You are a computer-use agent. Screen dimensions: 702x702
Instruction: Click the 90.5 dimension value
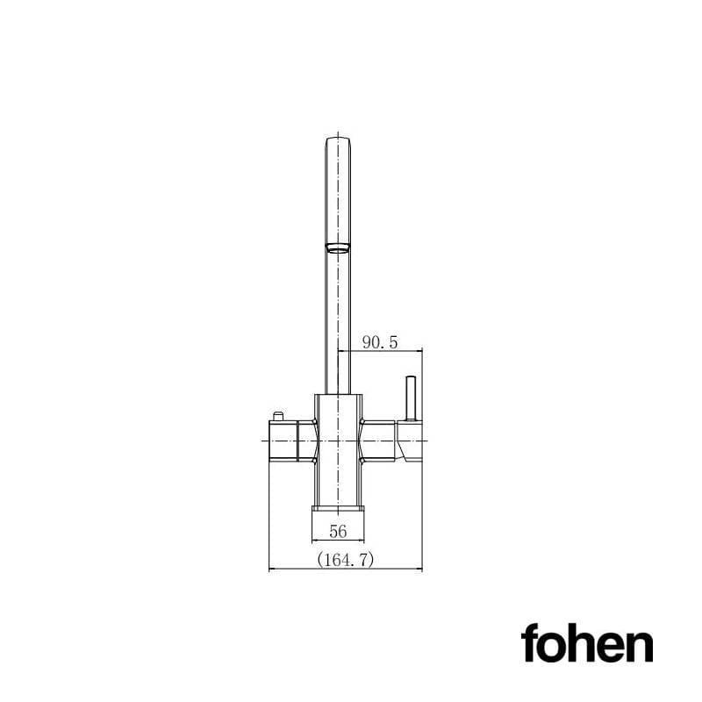(380, 343)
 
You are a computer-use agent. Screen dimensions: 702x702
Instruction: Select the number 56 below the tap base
(338, 531)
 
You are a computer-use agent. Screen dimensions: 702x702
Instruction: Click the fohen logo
(587, 645)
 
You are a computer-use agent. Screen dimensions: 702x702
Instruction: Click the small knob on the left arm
(279, 416)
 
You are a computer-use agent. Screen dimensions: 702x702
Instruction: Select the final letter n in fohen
(640, 648)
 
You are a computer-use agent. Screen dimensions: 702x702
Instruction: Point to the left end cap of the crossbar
(271, 440)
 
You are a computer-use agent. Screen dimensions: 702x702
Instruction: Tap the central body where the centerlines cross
(338, 440)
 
